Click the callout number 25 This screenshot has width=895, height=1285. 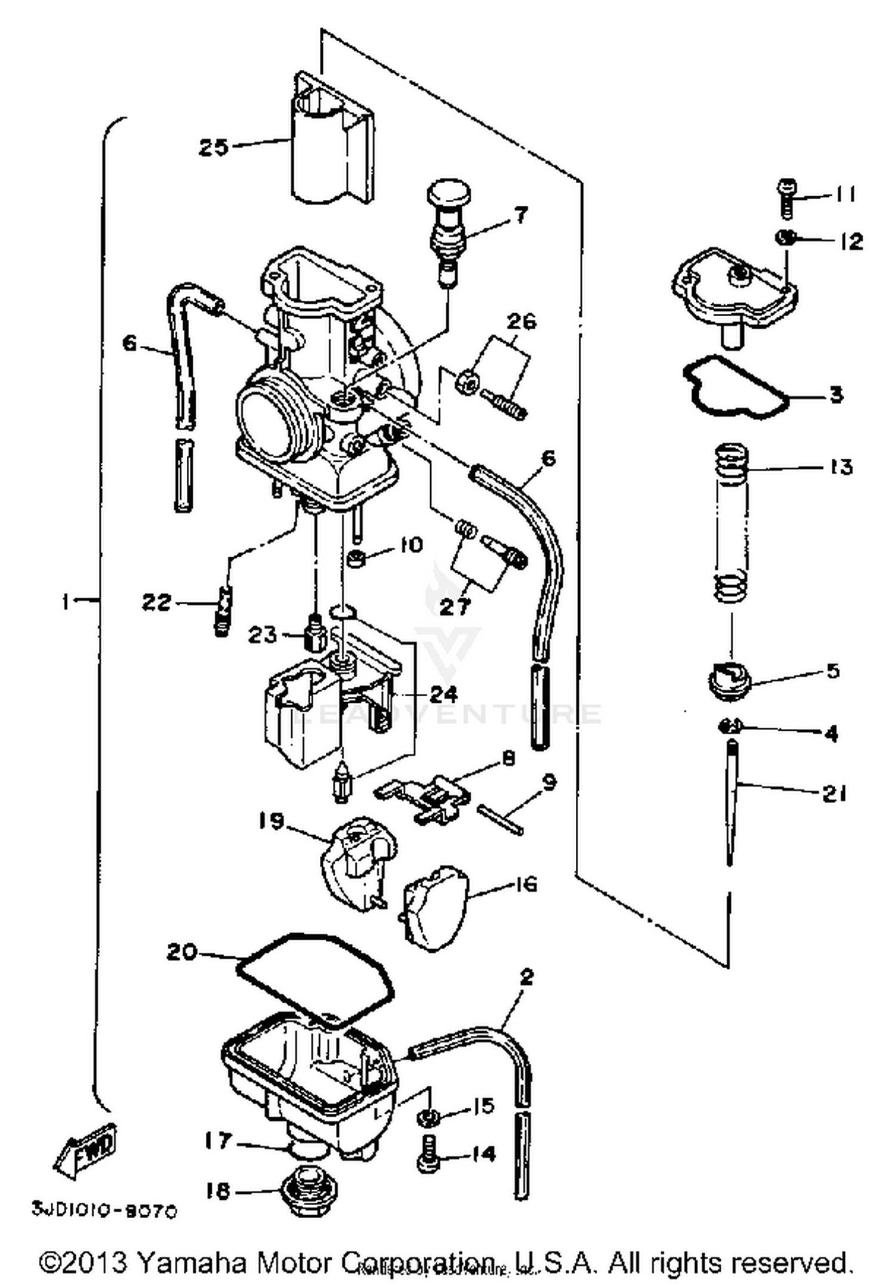point(214,147)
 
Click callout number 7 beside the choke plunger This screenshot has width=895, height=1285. point(521,214)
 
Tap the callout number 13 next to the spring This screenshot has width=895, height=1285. point(841,467)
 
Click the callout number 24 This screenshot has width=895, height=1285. point(443,694)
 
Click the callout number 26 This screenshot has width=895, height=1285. point(521,321)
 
